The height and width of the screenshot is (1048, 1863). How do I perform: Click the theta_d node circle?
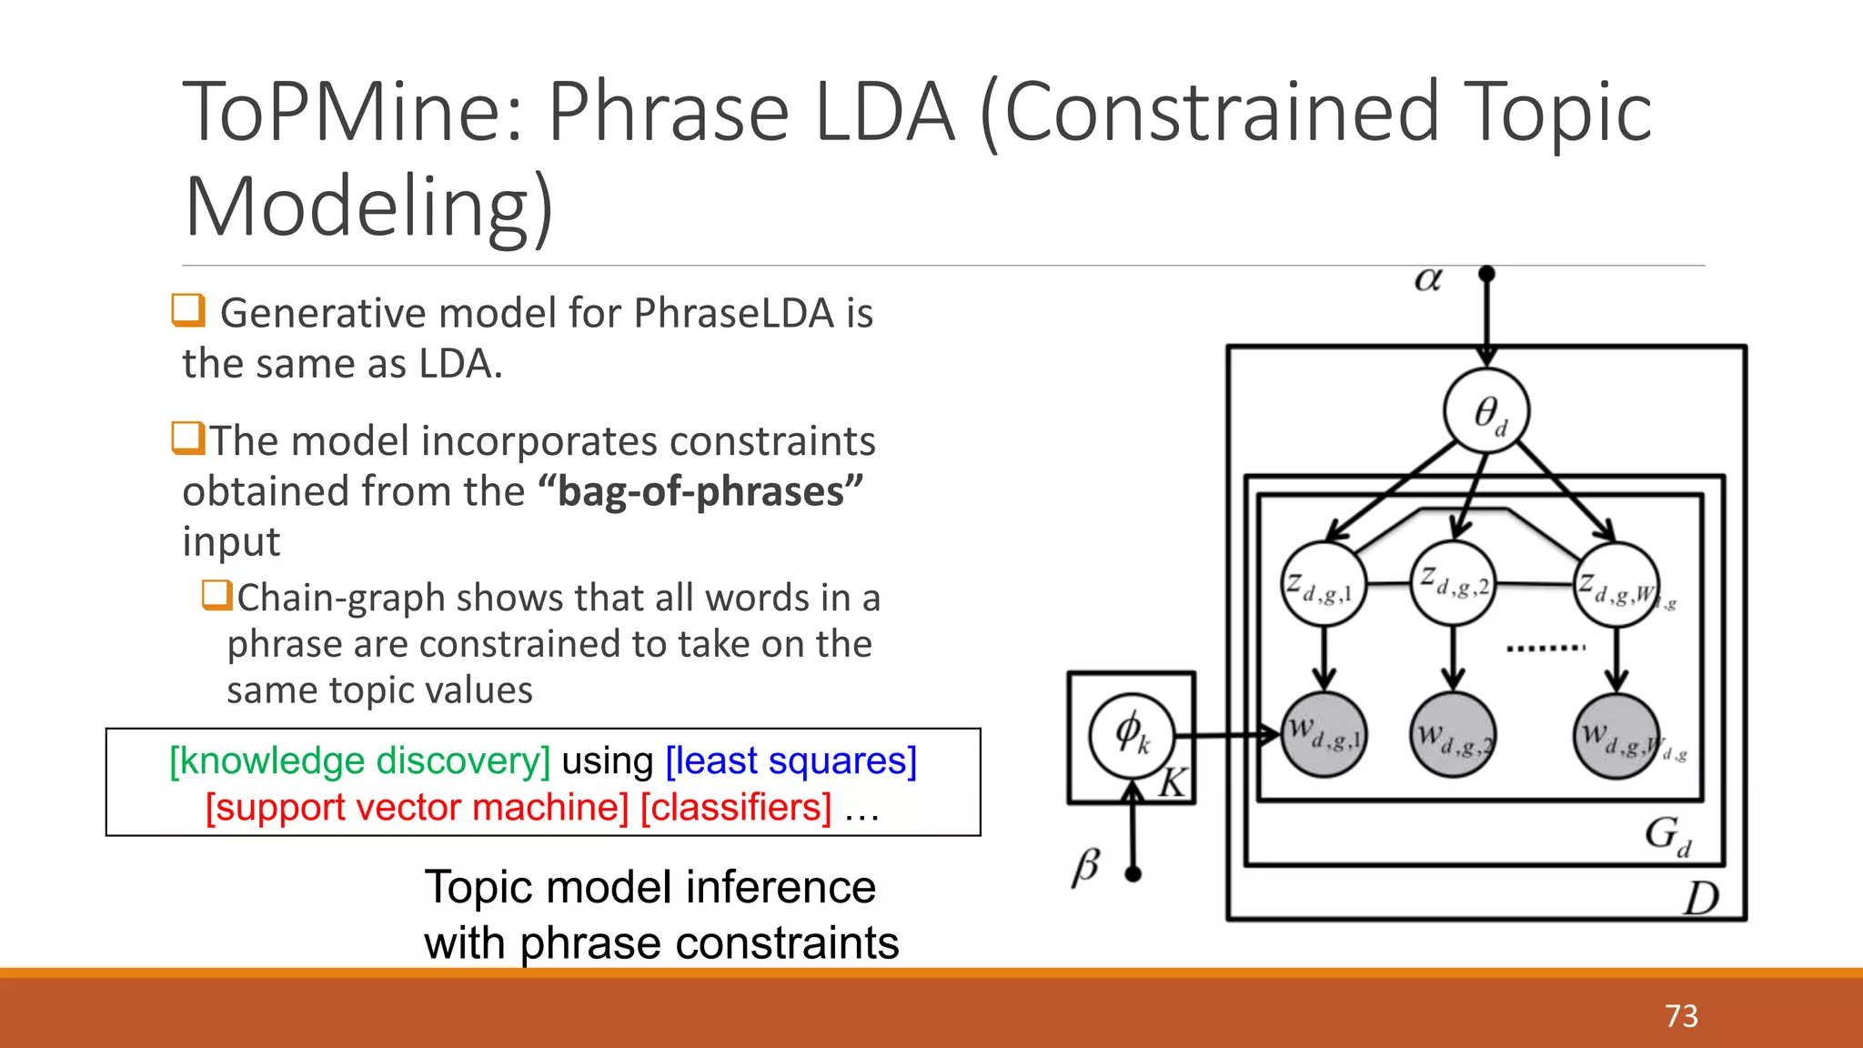tap(1486, 411)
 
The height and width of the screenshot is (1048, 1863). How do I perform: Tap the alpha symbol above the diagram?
tap(1428, 279)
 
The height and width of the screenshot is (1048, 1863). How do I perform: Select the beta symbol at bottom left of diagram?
tap(1086, 866)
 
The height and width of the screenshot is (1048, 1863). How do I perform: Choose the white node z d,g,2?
tap(1454, 583)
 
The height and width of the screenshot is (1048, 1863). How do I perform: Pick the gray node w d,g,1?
tap(1324, 735)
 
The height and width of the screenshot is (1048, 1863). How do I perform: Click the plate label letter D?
tap(1699, 899)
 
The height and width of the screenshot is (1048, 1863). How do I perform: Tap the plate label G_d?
tap(1667, 835)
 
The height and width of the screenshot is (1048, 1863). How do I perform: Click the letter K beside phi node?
tap(1173, 782)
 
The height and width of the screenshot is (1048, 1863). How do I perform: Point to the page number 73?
tap(1681, 1015)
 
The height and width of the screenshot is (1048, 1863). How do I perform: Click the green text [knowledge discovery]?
tap(360, 761)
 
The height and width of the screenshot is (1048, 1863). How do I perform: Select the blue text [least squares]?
tap(791, 761)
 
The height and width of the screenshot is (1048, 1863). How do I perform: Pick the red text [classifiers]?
tap(736, 808)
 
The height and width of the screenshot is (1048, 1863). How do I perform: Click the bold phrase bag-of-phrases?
tap(700, 492)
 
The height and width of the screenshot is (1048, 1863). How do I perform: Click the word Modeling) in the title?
tap(368, 207)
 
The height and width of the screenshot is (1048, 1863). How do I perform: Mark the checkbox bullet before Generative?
tap(188, 310)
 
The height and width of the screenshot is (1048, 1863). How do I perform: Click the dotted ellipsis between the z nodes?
tap(1545, 649)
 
